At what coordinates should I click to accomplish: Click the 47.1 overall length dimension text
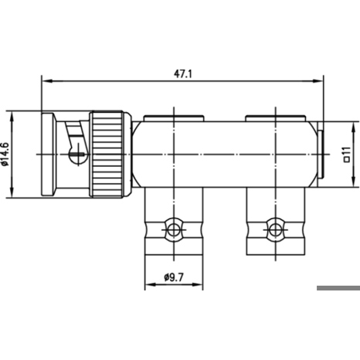click(183, 74)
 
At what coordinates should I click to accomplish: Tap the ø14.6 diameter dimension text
click(5, 155)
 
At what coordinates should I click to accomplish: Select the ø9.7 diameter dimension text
click(174, 277)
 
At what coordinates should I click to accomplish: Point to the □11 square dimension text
click(347, 155)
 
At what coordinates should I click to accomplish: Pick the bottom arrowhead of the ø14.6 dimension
click(12, 192)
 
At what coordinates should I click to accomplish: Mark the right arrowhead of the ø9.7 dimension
click(197, 284)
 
